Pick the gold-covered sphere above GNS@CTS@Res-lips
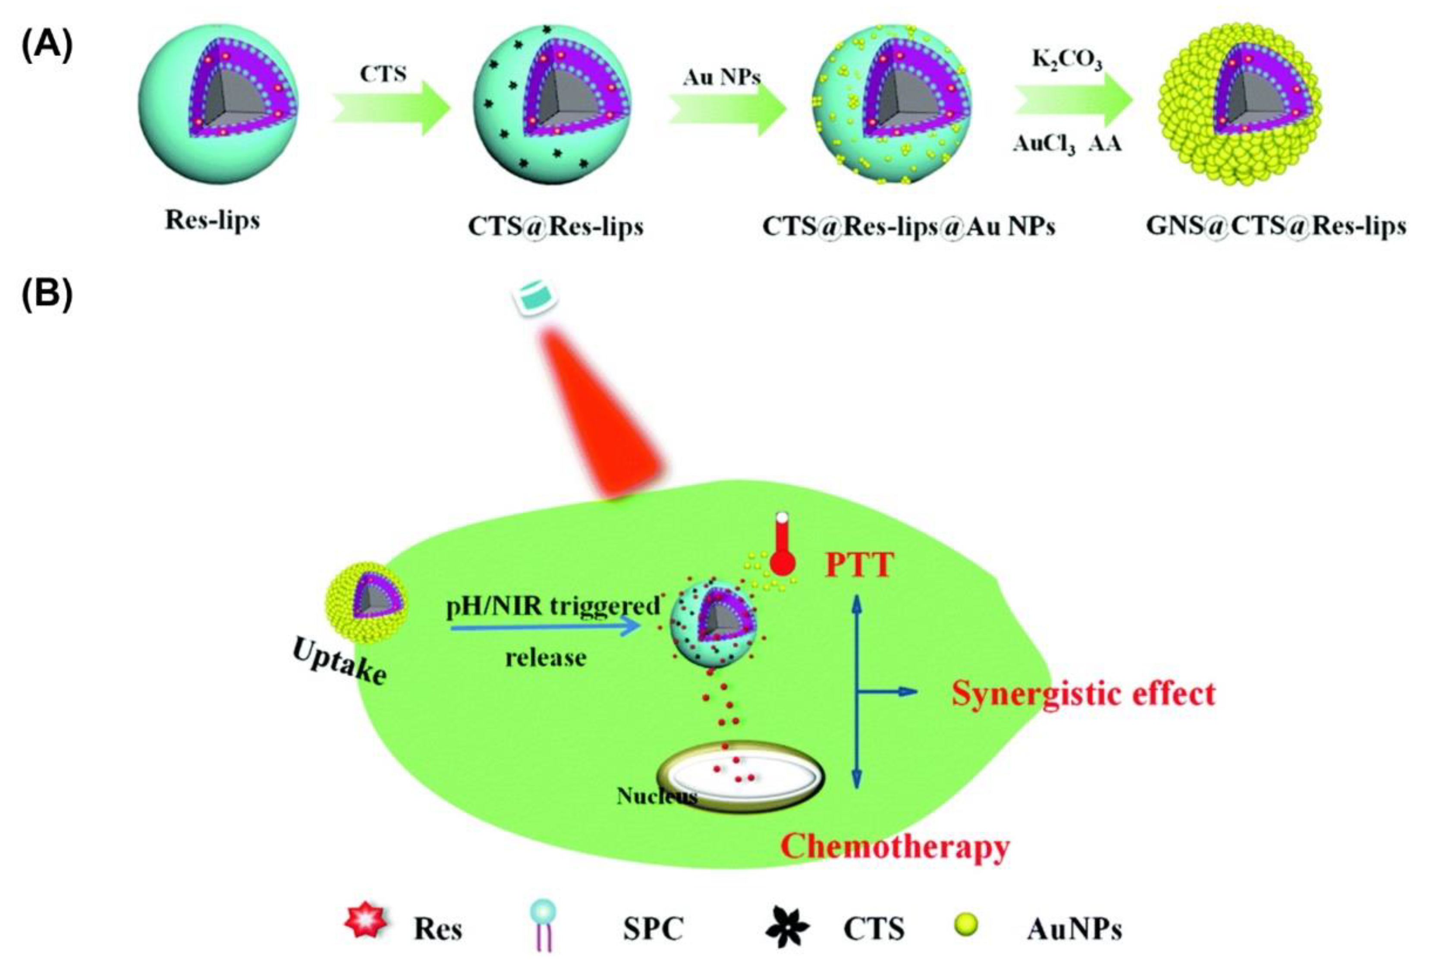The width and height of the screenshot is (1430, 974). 1239,104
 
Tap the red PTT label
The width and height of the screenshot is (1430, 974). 858,565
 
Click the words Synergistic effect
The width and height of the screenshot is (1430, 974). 1083,694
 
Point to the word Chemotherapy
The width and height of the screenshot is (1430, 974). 895,847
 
